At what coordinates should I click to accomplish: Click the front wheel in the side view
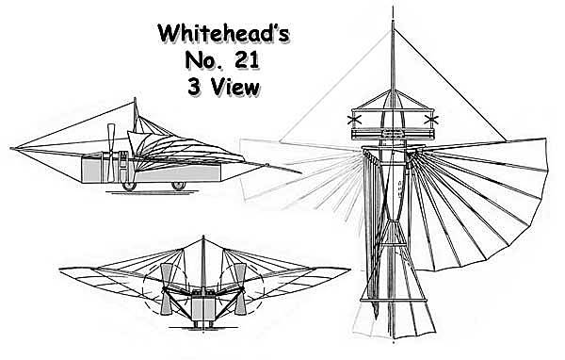click(x=125, y=186)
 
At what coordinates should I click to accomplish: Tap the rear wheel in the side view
click(x=179, y=186)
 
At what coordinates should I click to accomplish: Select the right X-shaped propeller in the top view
click(x=435, y=121)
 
